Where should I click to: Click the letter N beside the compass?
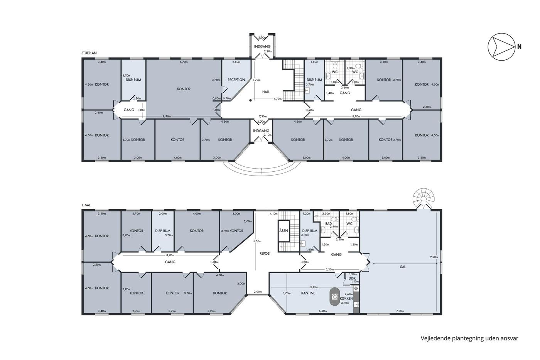(519, 47)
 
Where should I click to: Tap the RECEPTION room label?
(236, 80)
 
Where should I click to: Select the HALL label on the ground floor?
(266, 92)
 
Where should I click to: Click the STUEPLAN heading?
(89, 53)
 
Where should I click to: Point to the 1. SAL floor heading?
(86, 205)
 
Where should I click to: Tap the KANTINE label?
(308, 293)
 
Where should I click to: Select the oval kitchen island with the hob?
(335, 296)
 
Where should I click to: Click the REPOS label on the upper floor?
(265, 254)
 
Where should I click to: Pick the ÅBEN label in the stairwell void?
(284, 230)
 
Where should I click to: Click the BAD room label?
(328, 224)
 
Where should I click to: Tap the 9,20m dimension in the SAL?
(434, 257)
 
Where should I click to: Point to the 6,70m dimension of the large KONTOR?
(184, 62)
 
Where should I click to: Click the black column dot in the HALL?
(251, 100)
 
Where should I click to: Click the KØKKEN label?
(346, 299)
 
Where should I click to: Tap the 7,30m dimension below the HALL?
(263, 117)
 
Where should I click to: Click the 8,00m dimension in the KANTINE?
(314, 287)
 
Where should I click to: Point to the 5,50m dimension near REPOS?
(258, 241)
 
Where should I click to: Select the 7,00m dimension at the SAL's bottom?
(400, 311)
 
